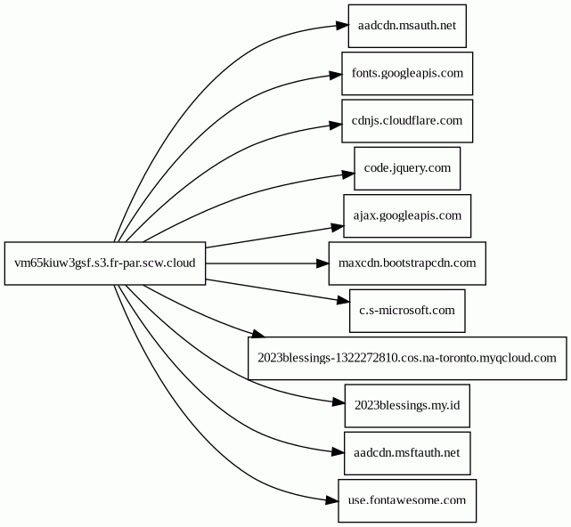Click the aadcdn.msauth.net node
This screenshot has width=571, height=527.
(x=407, y=26)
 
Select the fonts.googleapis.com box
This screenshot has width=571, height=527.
(x=407, y=74)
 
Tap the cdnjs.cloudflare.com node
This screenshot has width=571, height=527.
(x=407, y=121)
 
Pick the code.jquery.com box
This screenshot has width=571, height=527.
(x=407, y=168)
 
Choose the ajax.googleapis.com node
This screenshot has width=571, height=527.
(x=407, y=215)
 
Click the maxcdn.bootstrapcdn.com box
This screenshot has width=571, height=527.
(x=407, y=263)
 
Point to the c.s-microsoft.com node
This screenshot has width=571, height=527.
(x=407, y=311)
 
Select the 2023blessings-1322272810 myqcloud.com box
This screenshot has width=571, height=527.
(x=407, y=359)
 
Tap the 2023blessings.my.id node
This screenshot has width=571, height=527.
(x=407, y=406)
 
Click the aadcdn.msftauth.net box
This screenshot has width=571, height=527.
(x=407, y=453)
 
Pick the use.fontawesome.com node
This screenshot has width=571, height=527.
(x=407, y=501)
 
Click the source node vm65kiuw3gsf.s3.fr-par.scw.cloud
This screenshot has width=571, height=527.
(x=105, y=263)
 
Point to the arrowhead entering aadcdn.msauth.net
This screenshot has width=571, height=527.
(x=342, y=26)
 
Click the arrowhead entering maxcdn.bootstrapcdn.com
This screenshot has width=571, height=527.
(x=322, y=263)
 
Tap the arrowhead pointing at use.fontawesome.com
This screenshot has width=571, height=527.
(x=331, y=501)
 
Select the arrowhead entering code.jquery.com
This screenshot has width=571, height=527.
(x=348, y=174)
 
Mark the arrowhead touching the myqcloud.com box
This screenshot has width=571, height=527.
(x=257, y=333)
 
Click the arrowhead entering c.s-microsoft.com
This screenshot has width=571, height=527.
(x=343, y=301)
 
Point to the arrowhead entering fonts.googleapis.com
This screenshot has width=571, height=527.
(x=336, y=75)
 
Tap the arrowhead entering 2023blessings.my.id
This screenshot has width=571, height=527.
(x=339, y=402)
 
